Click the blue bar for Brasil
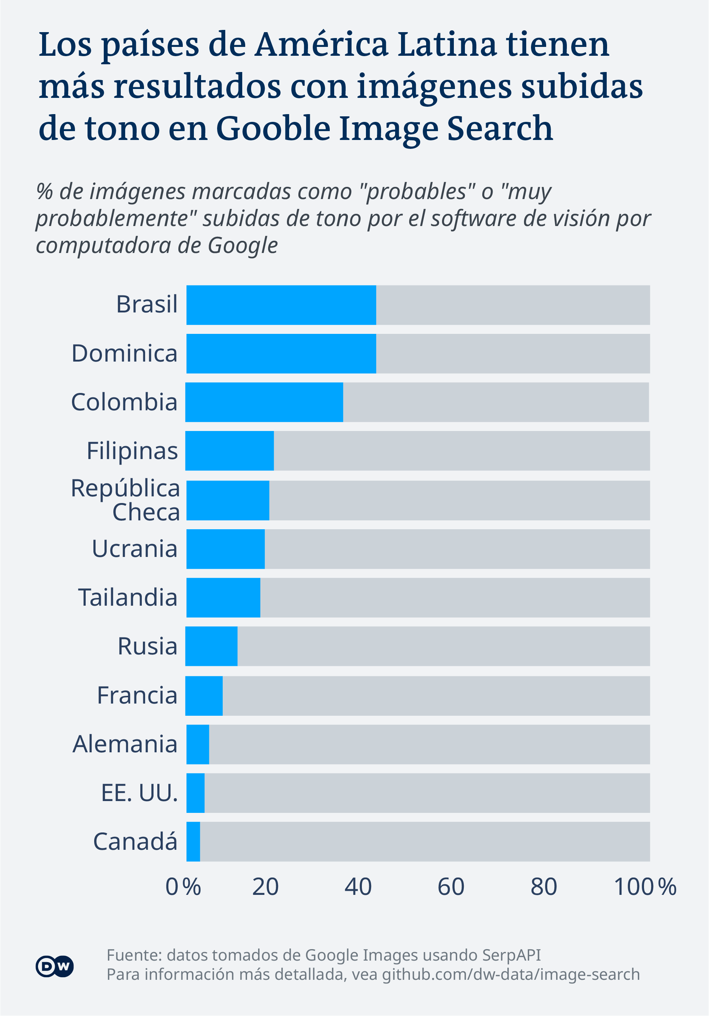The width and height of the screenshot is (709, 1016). [281, 305]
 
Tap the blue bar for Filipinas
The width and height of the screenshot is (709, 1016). [229, 451]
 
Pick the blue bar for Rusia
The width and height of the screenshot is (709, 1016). [211, 646]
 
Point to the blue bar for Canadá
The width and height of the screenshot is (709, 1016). [193, 841]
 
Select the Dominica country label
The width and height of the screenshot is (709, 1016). [124, 353]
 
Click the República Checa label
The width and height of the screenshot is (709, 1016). [125, 500]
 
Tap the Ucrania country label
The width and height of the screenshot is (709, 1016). [134, 549]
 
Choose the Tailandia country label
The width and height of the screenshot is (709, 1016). [128, 598]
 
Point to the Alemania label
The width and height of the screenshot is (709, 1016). [125, 744]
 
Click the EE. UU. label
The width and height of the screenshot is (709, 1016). [140, 793]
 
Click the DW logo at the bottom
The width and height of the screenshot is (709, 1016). [54, 967]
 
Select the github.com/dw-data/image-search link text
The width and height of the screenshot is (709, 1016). [511, 974]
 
